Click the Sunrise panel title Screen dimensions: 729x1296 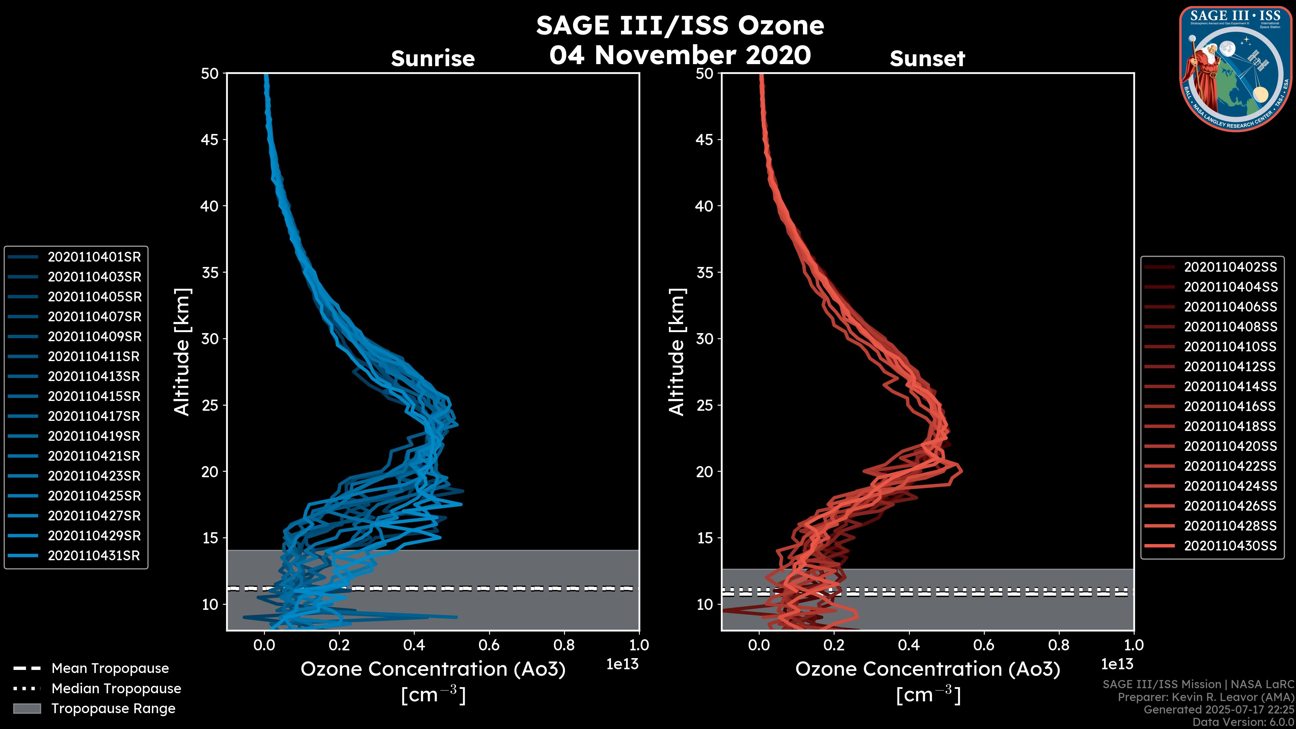pyautogui.click(x=433, y=58)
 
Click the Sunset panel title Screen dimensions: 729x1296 pyautogui.click(x=927, y=58)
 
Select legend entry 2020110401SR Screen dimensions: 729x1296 pyautogui.click(x=94, y=257)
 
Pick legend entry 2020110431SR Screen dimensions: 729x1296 pyautogui.click(x=94, y=556)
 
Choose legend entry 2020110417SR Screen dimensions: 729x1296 pyautogui.click(x=94, y=416)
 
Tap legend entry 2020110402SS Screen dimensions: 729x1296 pyautogui.click(x=1230, y=267)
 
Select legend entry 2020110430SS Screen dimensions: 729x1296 pyautogui.click(x=1230, y=546)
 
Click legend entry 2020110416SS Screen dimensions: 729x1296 pyautogui.click(x=1230, y=406)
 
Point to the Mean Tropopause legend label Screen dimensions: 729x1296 pyautogui.click(x=110, y=669)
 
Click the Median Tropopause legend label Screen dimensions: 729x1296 pyautogui.click(x=116, y=689)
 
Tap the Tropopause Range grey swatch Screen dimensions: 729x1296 pyautogui.click(x=27, y=709)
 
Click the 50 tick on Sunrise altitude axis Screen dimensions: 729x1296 pyautogui.click(x=210, y=74)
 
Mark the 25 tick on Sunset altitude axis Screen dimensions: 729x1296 pyautogui.click(x=704, y=405)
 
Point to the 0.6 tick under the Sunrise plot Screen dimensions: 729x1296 pyautogui.click(x=489, y=645)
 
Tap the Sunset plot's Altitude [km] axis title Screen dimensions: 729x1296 pyautogui.click(x=677, y=352)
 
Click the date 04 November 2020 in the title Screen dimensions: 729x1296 pyautogui.click(x=680, y=55)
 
